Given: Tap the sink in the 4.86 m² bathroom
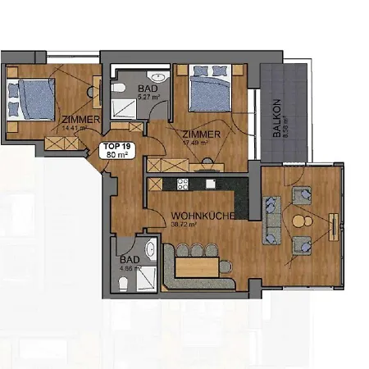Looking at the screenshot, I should (x=151, y=249).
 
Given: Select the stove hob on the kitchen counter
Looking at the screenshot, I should (x=182, y=184).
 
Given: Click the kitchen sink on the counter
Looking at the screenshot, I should (x=211, y=184).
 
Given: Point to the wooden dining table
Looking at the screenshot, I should (x=198, y=266).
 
